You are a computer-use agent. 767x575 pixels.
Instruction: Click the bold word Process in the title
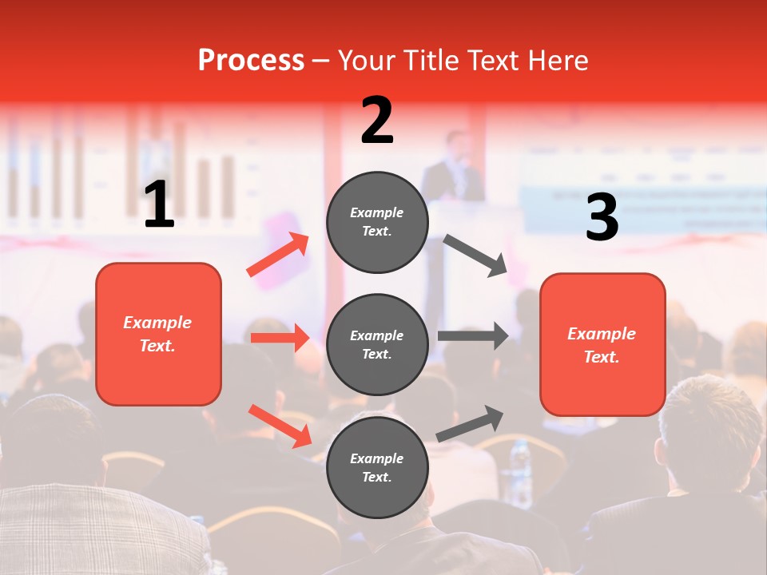(x=251, y=61)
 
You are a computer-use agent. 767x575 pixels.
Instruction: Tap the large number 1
(x=159, y=205)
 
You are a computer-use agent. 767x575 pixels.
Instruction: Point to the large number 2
(x=377, y=121)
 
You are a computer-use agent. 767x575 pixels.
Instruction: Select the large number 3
(x=602, y=218)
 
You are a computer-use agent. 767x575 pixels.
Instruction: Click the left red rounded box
(x=158, y=335)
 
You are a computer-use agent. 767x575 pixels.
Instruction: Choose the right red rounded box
(x=602, y=345)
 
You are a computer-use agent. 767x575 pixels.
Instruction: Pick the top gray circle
(x=377, y=222)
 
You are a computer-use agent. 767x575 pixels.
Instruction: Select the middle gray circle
(x=377, y=345)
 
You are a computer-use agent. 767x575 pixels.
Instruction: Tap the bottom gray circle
(x=377, y=468)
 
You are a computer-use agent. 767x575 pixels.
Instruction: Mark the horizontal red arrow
(x=280, y=338)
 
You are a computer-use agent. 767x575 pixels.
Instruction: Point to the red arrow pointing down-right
(x=280, y=426)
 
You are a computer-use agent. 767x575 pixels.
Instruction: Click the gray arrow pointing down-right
(x=475, y=256)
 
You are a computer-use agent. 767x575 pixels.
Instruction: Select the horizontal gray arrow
(x=473, y=336)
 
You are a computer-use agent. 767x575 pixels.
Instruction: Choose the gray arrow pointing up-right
(x=470, y=424)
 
